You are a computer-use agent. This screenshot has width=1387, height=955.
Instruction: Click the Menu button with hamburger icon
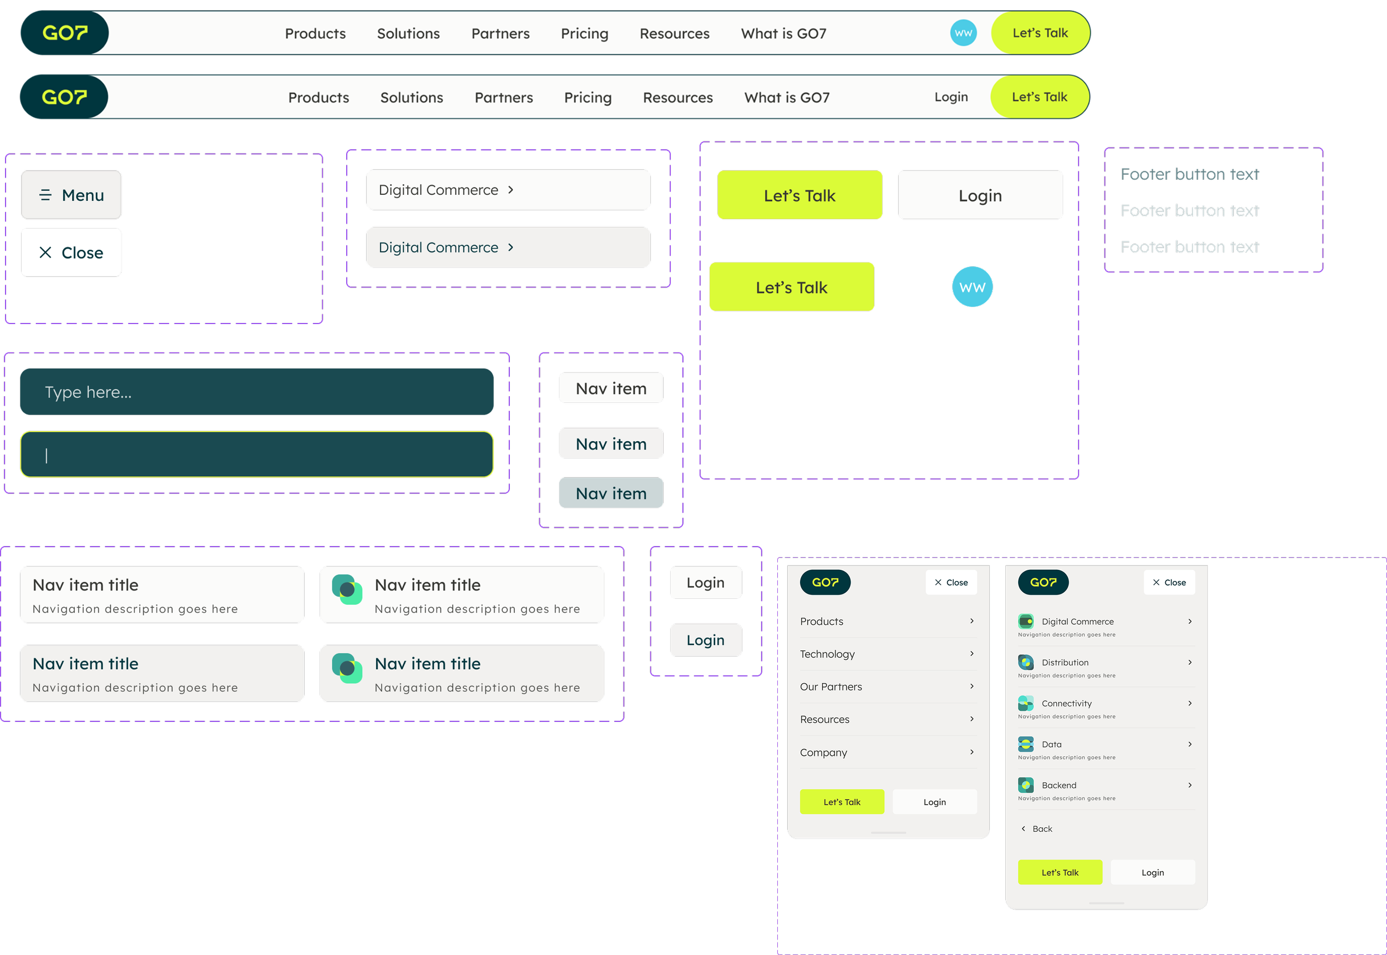coord(71,195)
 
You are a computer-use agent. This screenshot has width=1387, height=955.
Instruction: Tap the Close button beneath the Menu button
coord(71,252)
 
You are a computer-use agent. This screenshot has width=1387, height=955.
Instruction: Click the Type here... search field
coord(256,392)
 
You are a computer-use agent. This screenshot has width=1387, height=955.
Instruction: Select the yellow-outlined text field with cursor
coord(256,455)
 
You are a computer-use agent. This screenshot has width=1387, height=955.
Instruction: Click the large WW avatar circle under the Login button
coord(972,287)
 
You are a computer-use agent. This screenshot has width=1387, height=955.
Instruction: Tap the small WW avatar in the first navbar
coord(963,33)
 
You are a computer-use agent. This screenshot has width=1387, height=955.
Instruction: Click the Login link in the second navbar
coord(951,97)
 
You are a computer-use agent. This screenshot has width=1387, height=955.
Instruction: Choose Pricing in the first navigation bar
coord(584,33)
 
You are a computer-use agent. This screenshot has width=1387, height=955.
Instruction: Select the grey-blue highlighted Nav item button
coord(611,493)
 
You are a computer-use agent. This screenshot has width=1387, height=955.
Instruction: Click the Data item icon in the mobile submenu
coord(1026,744)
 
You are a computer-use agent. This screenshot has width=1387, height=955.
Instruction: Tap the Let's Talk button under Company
coord(842,802)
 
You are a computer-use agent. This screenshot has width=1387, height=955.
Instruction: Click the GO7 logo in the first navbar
coord(64,33)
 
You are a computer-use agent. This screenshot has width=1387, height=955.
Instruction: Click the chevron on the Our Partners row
coord(972,686)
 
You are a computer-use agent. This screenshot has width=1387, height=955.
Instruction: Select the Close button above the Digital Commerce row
coord(1170,582)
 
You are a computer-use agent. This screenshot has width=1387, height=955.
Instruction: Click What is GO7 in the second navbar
coord(787,98)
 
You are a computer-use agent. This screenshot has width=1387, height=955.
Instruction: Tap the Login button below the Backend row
coord(1152,872)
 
